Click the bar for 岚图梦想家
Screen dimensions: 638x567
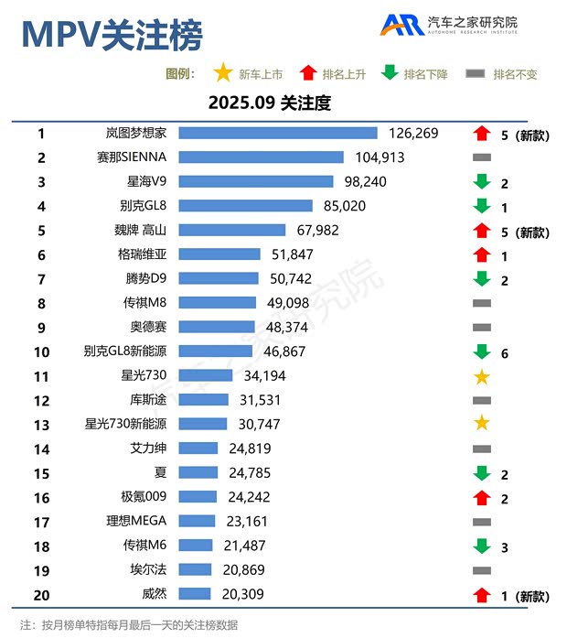(278, 134)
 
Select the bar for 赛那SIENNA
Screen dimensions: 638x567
(261, 157)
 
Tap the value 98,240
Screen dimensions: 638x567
(363, 181)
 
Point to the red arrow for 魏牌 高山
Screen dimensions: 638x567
(482, 230)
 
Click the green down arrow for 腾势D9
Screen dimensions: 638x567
(482, 278)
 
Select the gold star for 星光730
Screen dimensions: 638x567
(482, 376)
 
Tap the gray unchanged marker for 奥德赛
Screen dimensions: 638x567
(482, 327)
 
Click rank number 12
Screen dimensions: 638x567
(41, 400)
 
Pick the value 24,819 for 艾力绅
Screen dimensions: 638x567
(247, 449)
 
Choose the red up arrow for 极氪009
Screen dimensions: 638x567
(482, 497)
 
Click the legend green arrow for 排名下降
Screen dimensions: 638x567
(390, 73)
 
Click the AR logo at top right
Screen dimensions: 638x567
(401, 25)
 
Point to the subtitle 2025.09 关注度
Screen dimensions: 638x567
(269, 103)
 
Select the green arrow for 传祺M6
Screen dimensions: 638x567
(482, 546)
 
